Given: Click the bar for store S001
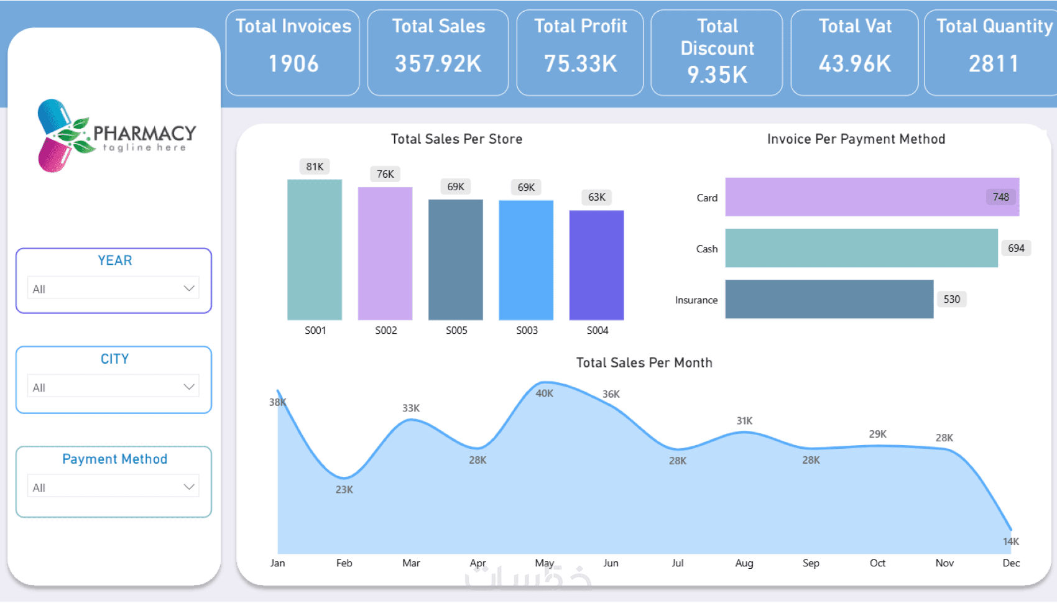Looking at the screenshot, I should pyautogui.click(x=315, y=249).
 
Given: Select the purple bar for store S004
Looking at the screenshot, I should pyautogui.click(x=596, y=265).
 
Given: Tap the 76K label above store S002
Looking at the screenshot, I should pyautogui.click(x=385, y=174).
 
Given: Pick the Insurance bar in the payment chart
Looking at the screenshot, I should pyautogui.click(x=829, y=299).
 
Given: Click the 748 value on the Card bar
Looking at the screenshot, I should pyautogui.click(x=1000, y=197).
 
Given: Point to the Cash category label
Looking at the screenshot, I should pyautogui.click(x=707, y=249).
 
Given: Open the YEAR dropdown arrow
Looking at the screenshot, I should pyautogui.click(x=189, y=288).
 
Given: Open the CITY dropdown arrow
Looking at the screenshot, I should pyautogui.click(x=189, y=387).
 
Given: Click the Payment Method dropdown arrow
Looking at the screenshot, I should pyautogui.click(x=189, y=487).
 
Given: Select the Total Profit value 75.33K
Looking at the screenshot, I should pyautogui.click(x=580, y=63).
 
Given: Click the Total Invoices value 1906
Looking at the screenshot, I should pyautogui.click(x=293, y=63).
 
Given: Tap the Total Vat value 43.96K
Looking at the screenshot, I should pyautogui.click(x=855, y=63).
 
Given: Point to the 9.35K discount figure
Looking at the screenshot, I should pyautogui.click(x=717, y=75).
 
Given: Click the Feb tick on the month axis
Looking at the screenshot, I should pyautogui.click(x=344, y=563).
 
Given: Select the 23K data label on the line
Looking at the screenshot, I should pyautogui.click(x=344, y=489).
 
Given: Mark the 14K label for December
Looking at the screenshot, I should pyautogui.click(x=1011, y=541).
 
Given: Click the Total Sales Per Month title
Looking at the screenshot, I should pyautogui.click(x=644, y=362).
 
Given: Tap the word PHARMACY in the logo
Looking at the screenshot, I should pyautogui.click(x=144, y=132).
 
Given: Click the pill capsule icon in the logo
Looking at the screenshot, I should pyautogui.click(x=56, y=136).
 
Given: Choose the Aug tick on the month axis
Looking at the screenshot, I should pyautogui.click(x=744, y=563).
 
